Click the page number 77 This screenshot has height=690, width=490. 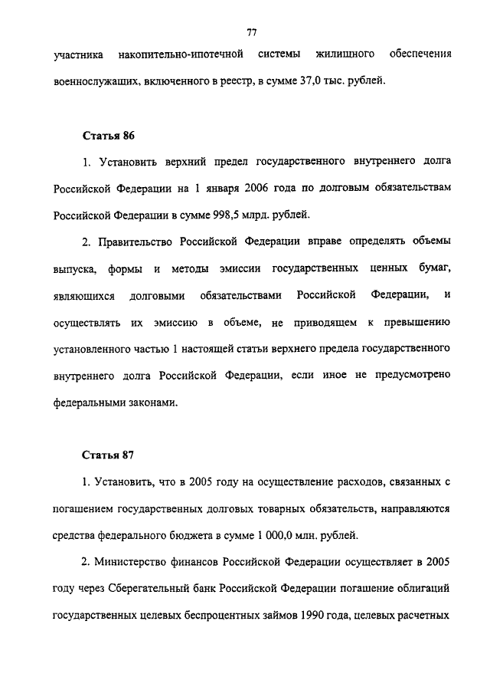[x=251, y=31]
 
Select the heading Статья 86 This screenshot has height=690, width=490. [x=108, y=136]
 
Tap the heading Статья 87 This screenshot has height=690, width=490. [x=108, y=455]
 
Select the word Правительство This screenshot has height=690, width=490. [x=136, y=242]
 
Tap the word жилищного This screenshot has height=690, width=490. [x=345, y=54]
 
